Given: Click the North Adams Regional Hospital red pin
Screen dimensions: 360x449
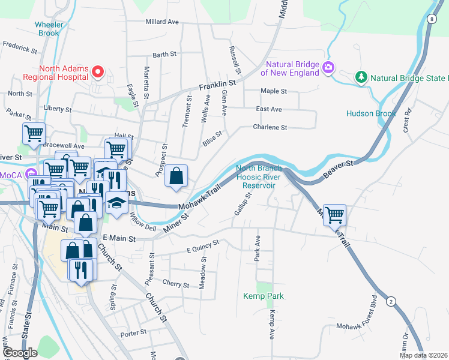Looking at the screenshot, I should [99, 72].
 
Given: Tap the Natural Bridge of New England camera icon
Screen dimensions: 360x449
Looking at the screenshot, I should [328, 67].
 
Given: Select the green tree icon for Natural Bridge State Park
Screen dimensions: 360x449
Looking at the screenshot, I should [361, 77].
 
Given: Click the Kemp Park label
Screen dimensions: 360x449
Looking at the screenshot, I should [264, 296].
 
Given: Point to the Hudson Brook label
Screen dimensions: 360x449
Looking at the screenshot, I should [371, 113].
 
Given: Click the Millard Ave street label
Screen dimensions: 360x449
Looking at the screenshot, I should [162, 22].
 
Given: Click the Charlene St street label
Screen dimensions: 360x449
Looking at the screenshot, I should [270, 127].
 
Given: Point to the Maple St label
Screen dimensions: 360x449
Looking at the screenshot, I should [273, 91].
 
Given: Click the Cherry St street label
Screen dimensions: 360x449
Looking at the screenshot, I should [176, 285].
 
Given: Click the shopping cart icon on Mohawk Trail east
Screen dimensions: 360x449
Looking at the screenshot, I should [334, 214].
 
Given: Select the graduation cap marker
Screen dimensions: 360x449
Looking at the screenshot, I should [116, 203].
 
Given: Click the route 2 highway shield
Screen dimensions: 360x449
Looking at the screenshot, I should [391, 301].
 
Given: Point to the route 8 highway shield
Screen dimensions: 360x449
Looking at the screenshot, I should [432, 19].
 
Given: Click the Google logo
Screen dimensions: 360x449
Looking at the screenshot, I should [20, 353].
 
